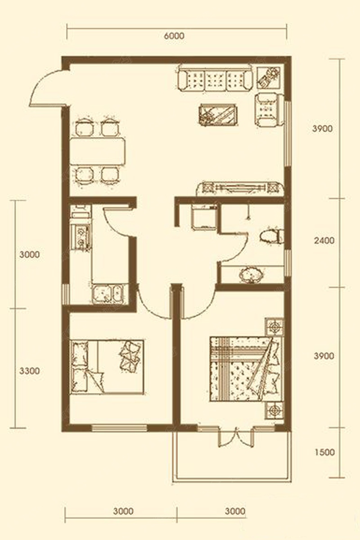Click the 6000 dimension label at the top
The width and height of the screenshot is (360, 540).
(174, 36)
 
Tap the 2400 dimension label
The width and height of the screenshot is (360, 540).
(324, 241)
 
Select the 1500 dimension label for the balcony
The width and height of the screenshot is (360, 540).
(324, 452)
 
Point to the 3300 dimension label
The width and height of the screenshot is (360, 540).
(29, 371)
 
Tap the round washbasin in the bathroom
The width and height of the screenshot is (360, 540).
(251, 274)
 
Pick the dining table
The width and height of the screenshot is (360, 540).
(98, 152)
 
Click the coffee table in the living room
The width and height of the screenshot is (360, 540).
(217, 115)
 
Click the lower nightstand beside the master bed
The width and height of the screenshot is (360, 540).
(274, 411)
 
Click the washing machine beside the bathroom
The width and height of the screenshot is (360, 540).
(204, 217)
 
